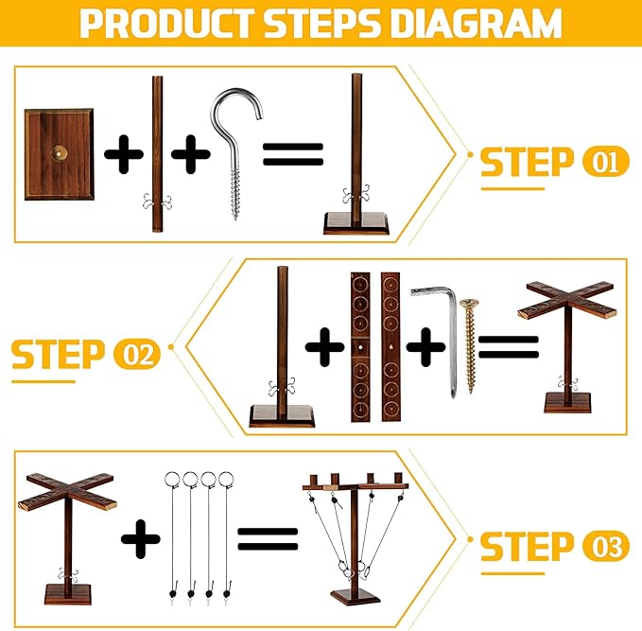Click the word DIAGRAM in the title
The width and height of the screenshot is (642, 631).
477,23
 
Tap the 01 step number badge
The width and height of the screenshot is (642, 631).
605,162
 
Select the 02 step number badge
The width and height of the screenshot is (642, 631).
137,355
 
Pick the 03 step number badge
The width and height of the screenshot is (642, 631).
605,546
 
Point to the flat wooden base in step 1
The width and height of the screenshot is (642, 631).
60,154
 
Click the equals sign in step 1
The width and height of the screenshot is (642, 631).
293,154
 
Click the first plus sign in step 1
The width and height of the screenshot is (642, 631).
124,154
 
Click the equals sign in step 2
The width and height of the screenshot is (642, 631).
508,347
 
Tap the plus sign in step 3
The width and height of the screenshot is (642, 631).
141,539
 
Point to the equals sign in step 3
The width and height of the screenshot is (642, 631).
268,539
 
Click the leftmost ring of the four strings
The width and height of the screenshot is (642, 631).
172,479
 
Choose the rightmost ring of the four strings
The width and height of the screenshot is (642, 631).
226,479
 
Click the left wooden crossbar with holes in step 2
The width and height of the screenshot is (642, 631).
360,346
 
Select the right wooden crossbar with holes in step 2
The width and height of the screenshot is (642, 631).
390,346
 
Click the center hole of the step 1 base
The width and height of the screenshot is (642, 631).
60,153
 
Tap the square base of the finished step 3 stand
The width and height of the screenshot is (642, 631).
356,597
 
